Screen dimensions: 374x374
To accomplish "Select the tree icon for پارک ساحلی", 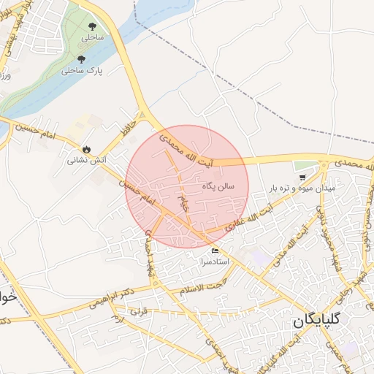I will click(x=80, y=59).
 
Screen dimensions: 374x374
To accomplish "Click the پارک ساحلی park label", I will click(x=80, y=72).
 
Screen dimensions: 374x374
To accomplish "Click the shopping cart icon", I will click(x=302, y=178).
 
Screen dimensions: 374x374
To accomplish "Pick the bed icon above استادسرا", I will click(x=214, y=251).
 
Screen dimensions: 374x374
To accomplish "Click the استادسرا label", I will click(x=214, y=261).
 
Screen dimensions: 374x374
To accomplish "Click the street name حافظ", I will click(x=129, y=120).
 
